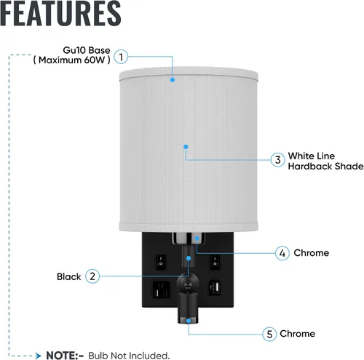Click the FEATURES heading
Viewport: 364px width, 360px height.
pyautogui.click(x=60, y=13)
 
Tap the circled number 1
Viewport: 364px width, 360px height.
pyautogui.click(x=121, y=57)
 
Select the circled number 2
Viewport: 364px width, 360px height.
pyautogui.click(x=92, y=276)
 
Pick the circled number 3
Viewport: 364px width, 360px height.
pyautogui.click(x=278, y=160)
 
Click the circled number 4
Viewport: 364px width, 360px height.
pyautogui.click(x=282, y=253)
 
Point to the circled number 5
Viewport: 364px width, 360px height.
pyautogui.click(x=269, y=334)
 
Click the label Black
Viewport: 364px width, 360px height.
pyautogui.click(x=68, y=276)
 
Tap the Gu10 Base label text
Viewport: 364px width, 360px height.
pyautogui.click(x=87, y=50)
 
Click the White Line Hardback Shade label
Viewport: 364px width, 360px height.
pyautogui.click(x=325, y=161)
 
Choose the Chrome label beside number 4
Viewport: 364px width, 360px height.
pyautogui.click(x=312, y=253)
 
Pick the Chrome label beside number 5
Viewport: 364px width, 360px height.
pyautogui.click(x=298, y=334)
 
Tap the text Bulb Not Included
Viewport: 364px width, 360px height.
pyautogui.click(x=129, y=356)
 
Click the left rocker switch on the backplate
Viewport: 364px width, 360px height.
pyautogui.click(x=160, y=262)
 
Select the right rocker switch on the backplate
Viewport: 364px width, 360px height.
pyautogui.click(x=215, y=262)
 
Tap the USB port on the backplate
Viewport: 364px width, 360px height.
pyautogui.click(x=215, y=287)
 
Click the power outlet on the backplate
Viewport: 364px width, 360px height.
pyautogui.click(x=161, y=289)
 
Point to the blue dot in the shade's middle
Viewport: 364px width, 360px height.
pyautogui.click(x=186, y=147)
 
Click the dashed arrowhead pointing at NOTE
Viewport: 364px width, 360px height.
pyautogui.click(x=38, y=356)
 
